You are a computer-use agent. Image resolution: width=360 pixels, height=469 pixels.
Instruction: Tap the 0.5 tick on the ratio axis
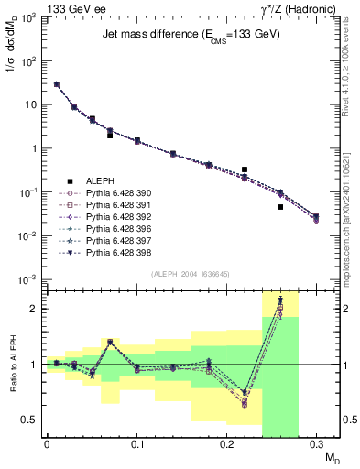coord(34,420)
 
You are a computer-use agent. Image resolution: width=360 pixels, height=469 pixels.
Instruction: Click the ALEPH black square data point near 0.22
coord(245,169)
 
